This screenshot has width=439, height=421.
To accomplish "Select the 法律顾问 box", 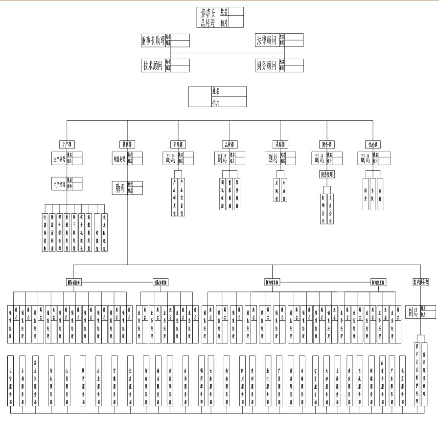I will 267,40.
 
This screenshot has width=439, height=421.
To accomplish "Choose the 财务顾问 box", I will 267,66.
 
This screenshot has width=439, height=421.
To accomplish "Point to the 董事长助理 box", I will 153,41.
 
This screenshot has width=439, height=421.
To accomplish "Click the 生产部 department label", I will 67,144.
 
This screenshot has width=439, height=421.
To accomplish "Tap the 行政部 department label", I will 374,144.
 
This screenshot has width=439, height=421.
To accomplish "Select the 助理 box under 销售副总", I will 120,188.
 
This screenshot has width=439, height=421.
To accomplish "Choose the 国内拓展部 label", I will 380,282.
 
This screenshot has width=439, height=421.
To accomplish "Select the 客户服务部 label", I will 420,282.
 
